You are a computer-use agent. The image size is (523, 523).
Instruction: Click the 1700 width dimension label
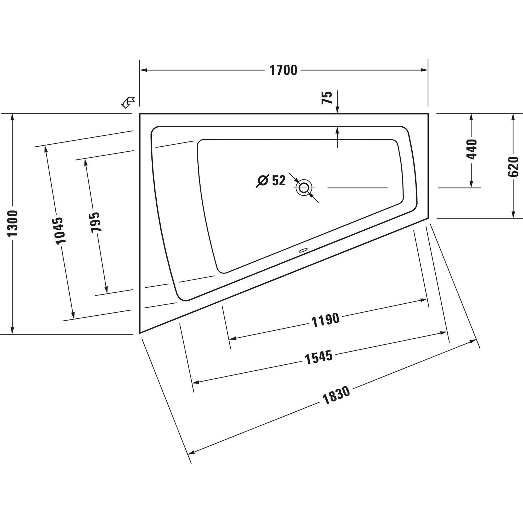(x=283, y=70)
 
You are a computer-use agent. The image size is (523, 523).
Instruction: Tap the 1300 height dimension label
(x=13, y=223)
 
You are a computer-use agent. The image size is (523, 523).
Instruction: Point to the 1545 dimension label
(x=318, y=357)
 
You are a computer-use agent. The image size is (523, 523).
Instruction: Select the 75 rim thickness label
(x=327, y=98)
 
